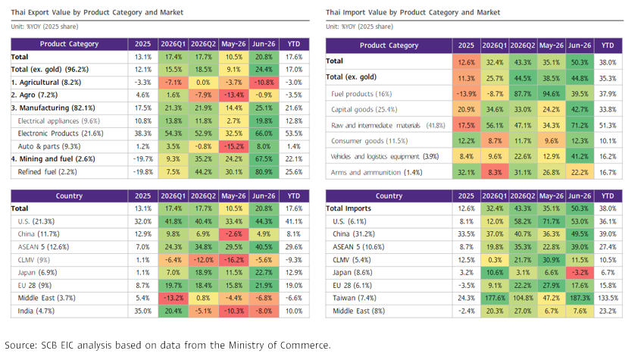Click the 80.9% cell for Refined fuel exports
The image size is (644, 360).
[x=264, y=172]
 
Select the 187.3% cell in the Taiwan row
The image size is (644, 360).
[x=580, y=298]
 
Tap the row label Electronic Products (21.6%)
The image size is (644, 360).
[x=61, y=133]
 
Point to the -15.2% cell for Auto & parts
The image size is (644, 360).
[x=233, y=146]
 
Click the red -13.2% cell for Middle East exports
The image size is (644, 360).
[x=174, y=298]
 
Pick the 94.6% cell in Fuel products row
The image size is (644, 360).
[x=551, y=94]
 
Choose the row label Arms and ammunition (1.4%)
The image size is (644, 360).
[x=377, y=173]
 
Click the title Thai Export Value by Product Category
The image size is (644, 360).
[x=97, y=12]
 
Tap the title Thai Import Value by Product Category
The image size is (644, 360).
[x=413, y=12]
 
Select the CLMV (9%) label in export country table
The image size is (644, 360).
[x=33, y=260]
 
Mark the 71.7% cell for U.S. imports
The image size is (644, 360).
[x=551, y=221]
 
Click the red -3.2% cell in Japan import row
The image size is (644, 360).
[x=580, y=273]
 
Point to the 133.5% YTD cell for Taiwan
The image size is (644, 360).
[x=608, y=298]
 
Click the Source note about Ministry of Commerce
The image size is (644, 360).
[x=167, y=345]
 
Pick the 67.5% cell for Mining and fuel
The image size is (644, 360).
[x=264, y=159]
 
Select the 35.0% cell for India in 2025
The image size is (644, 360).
[x=142, y=311]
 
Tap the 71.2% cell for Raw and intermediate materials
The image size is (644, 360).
[x=580, y=125]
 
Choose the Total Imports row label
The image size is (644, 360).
[x=349, y=208]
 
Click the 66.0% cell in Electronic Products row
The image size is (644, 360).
[x=264, y=133]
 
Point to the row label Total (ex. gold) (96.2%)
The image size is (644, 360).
[x=50, y=70]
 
